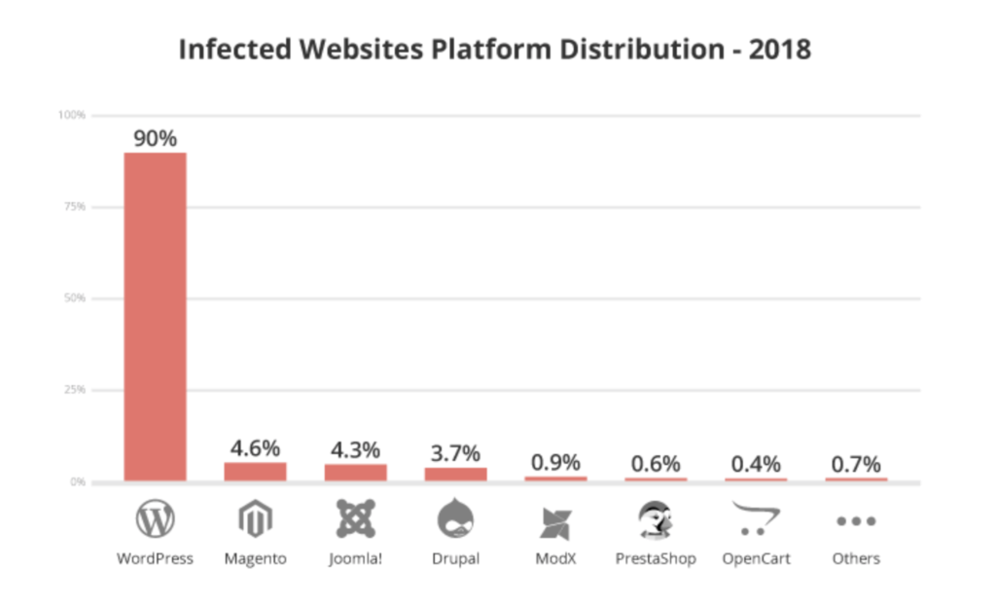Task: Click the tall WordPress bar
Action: coord(155,316)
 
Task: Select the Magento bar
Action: coord(255,471)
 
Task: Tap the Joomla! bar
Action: coord(355,472)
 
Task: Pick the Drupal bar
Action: coord(455,474)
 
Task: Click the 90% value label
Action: coord(155,138)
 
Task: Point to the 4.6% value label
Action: coord(255,448)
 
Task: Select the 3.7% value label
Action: coord(455,453)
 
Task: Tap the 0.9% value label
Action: coord(555,463)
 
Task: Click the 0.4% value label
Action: coord(756,465)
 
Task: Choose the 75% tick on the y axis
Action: coord(73,206)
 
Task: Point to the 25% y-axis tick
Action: coord(73,390)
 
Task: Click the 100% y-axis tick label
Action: coord(72,115)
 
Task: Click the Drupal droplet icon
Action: coord(455,519)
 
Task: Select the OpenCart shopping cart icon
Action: coord(756,518)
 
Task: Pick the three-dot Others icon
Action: coord(856,521)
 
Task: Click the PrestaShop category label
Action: coord(656,559)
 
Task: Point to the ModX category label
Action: coord(555,559)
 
